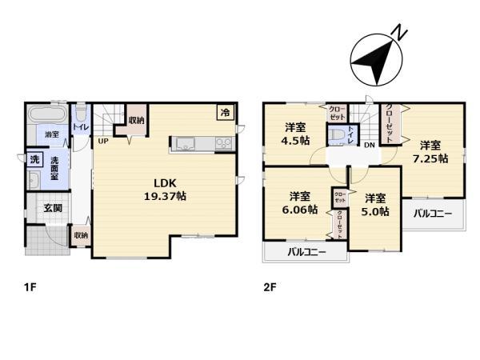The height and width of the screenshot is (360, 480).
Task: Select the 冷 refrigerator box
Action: tap(225, 114)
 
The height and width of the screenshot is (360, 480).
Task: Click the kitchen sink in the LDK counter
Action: tap(183, 144)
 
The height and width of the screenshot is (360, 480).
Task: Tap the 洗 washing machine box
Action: tap(34, 160)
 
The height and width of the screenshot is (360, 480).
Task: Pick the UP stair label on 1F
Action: tap(103, 142)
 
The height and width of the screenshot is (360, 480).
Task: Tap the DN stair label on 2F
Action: tap(370, 145)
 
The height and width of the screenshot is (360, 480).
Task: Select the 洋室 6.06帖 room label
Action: tap(300, 202)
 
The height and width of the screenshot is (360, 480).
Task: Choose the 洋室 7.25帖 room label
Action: tap(430, 151)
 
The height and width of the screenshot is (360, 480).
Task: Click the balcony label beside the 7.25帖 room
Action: tap(432, 214)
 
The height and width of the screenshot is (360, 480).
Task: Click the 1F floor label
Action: tap(30, 286)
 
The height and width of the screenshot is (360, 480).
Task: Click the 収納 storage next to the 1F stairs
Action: tap(136, 121)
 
